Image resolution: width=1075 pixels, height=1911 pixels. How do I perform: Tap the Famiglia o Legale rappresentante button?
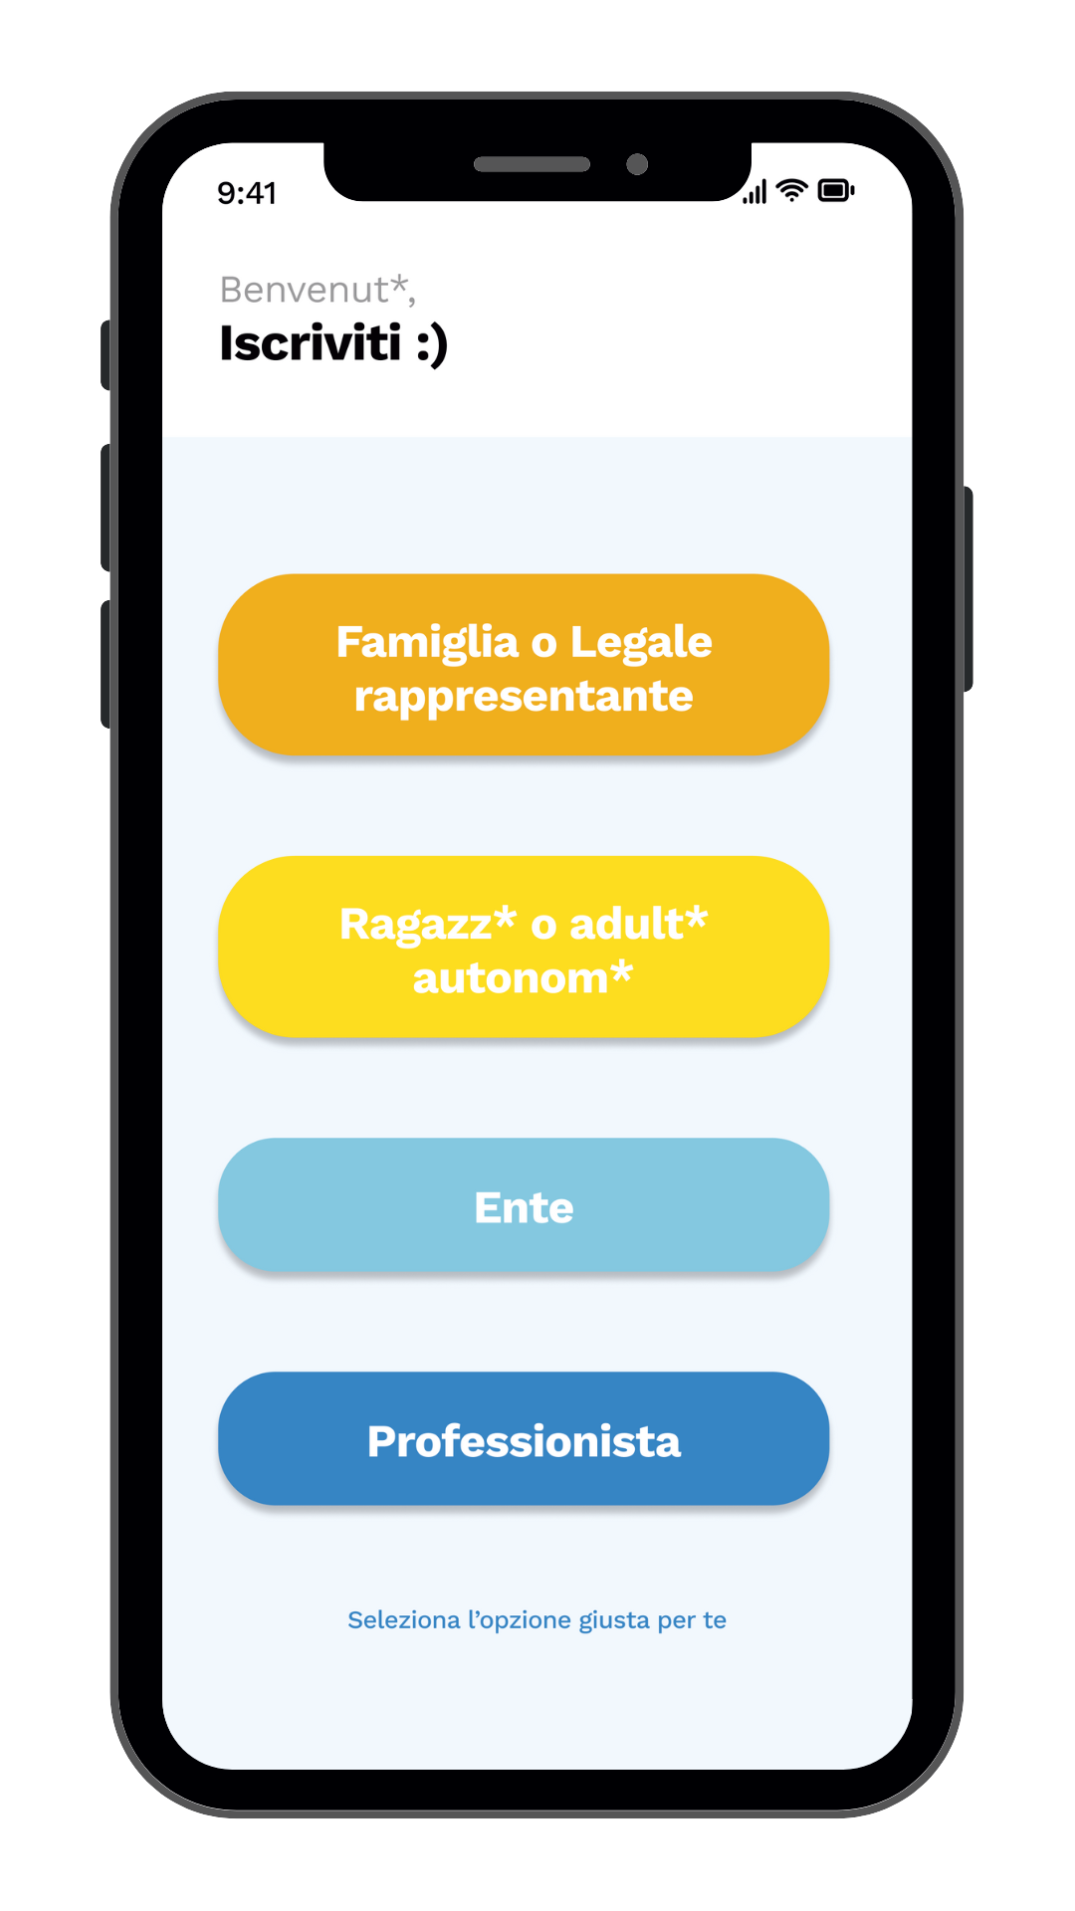click(524, 664)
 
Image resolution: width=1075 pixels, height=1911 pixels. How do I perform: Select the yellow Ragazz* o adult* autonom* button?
click(524, 947)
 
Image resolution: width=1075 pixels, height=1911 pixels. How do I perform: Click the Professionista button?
click(524, 1438)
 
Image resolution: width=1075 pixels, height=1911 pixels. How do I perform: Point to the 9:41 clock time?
click(247, 193)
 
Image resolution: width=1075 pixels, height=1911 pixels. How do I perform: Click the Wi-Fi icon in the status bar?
click(791, 190)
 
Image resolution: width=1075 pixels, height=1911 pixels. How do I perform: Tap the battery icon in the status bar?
click(836, 190)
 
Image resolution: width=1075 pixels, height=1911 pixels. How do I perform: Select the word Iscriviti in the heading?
click(311, 342)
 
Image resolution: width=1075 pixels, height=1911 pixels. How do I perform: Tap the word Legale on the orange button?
click(641, 643)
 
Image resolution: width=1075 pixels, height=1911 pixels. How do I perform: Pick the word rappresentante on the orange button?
click(524, 697)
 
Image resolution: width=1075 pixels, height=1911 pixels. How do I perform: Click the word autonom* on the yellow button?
click(524, 977)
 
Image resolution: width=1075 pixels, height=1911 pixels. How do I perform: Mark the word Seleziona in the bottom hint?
click(404, 1619)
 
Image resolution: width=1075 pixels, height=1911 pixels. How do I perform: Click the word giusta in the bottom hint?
click(614, 1621)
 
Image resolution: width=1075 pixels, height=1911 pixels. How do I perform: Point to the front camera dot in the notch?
click(637, 164)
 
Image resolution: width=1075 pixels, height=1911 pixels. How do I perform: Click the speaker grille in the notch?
click(533, 164)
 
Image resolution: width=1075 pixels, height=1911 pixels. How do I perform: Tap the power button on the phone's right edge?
click(967, 588)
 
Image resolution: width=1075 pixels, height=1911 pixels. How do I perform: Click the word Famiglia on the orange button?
click(427, 643)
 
